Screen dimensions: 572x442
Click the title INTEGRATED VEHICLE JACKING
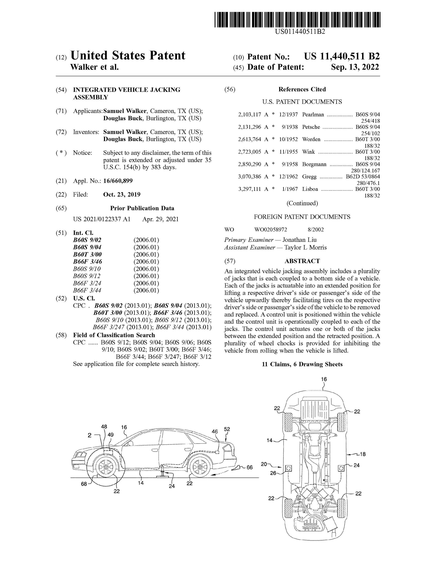(x=127, y=90)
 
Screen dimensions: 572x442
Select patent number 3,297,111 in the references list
(x=249, y=189)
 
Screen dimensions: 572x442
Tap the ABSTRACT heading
(x=302, y=261)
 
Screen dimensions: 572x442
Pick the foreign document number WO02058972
(x=271, y=230)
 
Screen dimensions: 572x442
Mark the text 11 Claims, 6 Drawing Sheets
(x=302, y=364)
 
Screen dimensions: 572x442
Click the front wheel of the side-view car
(x=106, y=467)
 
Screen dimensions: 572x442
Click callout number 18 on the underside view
(x=363, y=454)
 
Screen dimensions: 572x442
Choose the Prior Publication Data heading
(x=142, y=208)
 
